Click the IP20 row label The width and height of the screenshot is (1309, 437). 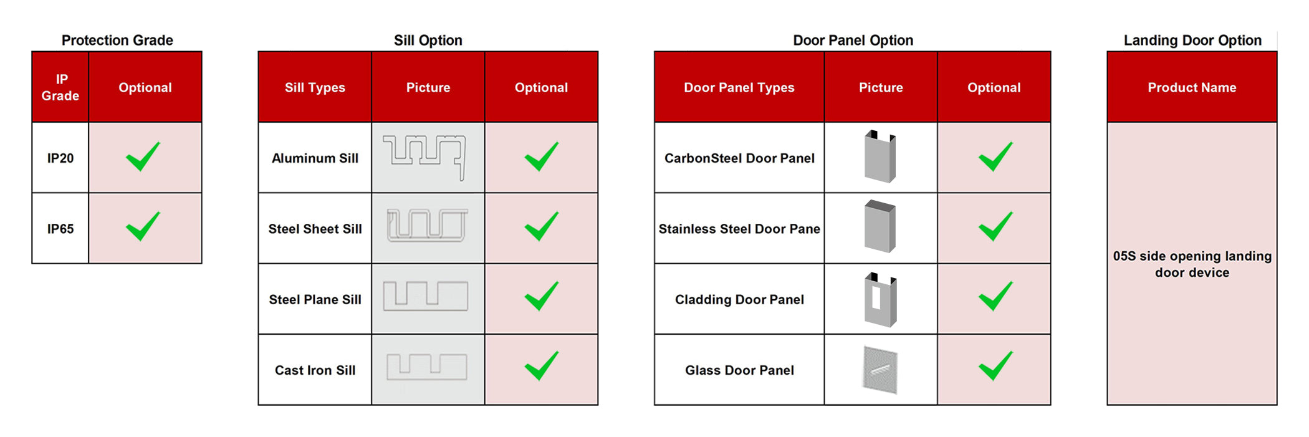pos(60,158)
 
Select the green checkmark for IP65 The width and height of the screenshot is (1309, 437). pos(143,226)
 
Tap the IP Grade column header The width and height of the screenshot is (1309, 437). pos(60,87)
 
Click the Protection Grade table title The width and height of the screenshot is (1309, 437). pos(117,41)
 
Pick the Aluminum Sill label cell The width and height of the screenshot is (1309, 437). pos(315,158)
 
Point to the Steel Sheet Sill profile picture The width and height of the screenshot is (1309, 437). pos(428,225)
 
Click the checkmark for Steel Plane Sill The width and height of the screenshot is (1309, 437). pos(541,296)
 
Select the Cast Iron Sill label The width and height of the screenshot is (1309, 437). pos(315,370)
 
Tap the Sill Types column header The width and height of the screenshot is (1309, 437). pos(315,88)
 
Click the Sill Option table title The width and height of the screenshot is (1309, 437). pos(428,41)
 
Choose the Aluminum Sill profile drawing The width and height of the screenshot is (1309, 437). pos(425,157)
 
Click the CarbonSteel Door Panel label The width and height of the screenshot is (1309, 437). pos(739,158)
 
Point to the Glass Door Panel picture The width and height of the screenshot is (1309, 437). pos(880,370)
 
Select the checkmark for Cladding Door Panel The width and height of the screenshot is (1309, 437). pos(995,296)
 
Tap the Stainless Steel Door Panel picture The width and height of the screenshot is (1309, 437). pos(880,226)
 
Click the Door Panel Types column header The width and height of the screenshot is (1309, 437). pos(739,88)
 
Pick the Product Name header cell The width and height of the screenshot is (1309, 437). pos(1192,87)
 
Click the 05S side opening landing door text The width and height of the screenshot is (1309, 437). pos(1192,264)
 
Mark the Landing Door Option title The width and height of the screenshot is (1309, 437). pos(1192,41)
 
